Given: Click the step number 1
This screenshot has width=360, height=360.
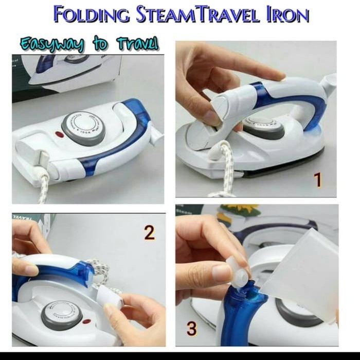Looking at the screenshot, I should tap(317, 180).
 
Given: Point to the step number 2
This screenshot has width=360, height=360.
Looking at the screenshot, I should tap(149, 233).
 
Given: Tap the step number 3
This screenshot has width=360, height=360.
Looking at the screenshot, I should tap(192, 328).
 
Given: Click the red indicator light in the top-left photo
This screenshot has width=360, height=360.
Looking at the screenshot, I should tap(59, 135).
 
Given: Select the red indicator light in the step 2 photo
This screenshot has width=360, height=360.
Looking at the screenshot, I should tap(86, 322).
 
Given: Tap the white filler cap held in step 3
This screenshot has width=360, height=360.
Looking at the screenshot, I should tap(238, 275).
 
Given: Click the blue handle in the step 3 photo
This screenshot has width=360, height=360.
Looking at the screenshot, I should tap(242, 319).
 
